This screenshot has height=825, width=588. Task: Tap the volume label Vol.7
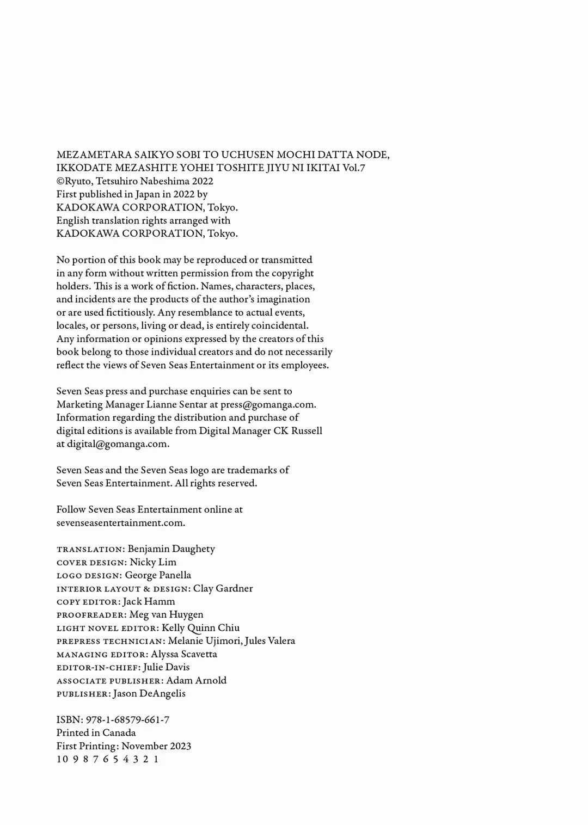[x=354, y=168]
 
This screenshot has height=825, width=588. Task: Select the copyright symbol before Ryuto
[x=60, y=181]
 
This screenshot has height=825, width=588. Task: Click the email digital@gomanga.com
[x=117, y=444]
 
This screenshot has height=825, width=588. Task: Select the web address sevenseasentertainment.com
[x=120, y=522]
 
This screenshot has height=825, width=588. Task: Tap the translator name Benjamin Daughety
[x=171, y=549]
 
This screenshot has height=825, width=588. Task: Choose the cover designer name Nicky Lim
[x=153, y=562]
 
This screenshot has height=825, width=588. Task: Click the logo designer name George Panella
[x=158, y=575]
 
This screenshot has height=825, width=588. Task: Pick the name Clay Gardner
[x=223, y=588]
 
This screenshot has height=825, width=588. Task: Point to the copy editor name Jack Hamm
[x=149, y=601]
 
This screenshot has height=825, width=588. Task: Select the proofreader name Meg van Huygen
[x=166, y=614]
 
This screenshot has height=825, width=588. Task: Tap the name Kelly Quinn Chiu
[x=200, y=627]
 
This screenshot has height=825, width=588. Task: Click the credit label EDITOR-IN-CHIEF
[x=98, y=667]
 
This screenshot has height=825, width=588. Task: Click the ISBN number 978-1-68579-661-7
[x=127, y=719]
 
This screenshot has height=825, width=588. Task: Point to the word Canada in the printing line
[x=119, y=732]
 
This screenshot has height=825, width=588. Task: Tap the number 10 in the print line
[x=62, y=759]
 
